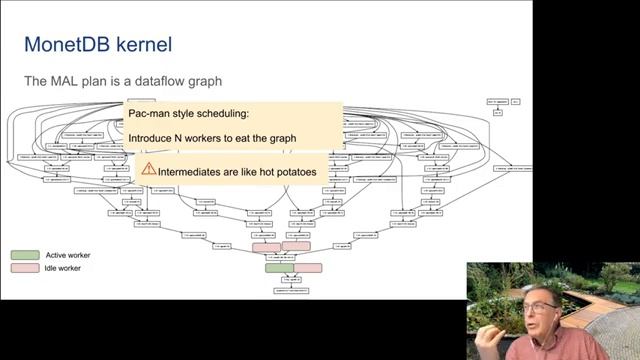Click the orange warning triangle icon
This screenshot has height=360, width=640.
coord(149,169)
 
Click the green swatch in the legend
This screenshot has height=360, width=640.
coord(26,255)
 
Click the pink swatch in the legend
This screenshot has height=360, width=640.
coord(26,268)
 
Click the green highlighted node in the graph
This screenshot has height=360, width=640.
coord(280,268)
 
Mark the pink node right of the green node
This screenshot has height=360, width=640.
coord(309,268)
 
